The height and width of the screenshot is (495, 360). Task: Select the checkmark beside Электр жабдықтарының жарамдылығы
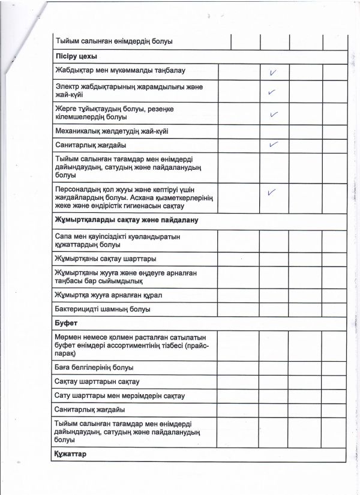coord(272,92)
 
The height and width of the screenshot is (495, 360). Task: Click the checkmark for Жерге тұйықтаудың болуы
coord(274,113)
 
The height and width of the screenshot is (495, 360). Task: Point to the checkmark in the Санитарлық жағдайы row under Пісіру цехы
coord(274,145)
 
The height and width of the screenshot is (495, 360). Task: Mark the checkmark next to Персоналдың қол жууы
coord(272,193)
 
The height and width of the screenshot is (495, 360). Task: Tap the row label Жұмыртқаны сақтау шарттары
coord(106,259)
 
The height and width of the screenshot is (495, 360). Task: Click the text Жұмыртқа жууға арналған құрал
coord(108,295)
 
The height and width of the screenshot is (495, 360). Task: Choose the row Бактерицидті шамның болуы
coord(102,309)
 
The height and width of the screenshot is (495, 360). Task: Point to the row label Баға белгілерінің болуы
coord(94,367)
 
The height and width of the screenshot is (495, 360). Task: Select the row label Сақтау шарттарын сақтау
coord(97,381)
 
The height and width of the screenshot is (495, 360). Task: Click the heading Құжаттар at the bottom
coord(71,454)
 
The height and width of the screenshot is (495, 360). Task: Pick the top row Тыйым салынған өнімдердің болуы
coord(114,41)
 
